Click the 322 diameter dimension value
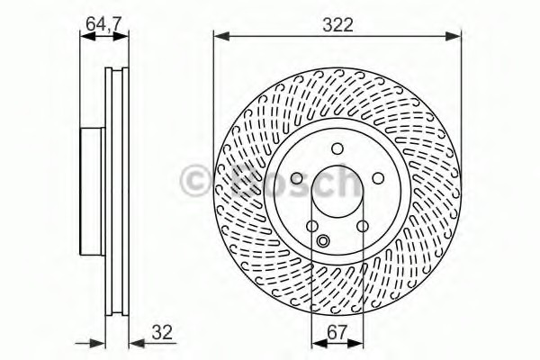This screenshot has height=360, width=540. [337, 25]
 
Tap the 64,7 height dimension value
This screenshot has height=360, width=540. [103, 23]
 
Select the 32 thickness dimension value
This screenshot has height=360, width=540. [162, 332]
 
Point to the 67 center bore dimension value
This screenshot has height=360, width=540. [337, 332]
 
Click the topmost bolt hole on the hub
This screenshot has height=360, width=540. [337, 148]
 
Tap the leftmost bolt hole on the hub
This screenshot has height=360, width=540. [296, 178]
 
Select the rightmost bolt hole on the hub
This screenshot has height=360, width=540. [379, 178]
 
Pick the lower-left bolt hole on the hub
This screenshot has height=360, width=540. [312, 227]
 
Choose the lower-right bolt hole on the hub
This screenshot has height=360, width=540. [363, 227]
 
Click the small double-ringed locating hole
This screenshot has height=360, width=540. [323, 240]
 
